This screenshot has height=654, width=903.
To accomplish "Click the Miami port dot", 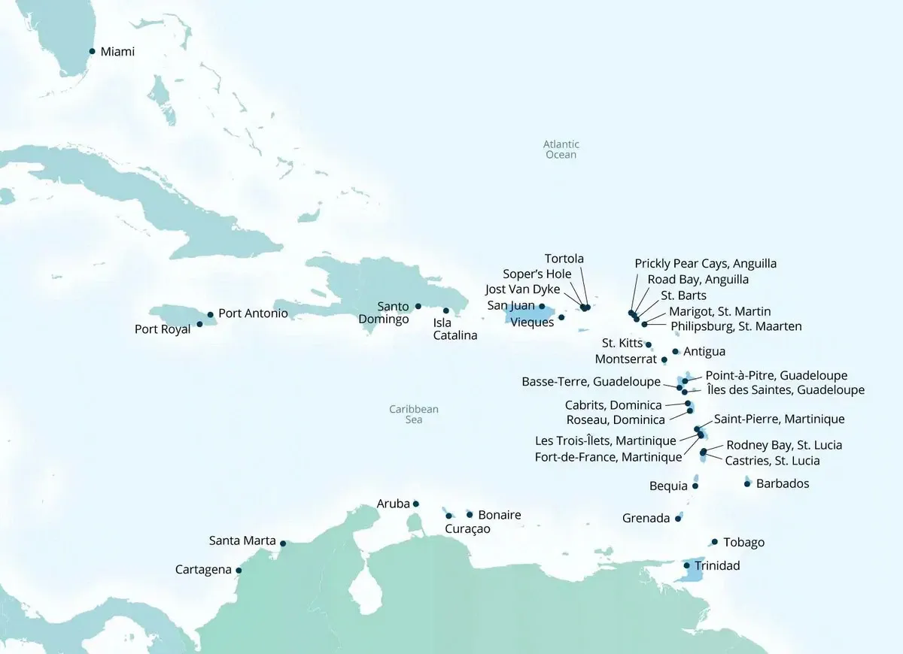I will click(x=92, y=51).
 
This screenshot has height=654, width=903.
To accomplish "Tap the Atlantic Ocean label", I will click(x=561, y=150).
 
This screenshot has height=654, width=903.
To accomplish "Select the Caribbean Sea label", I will click(x=413, y=414).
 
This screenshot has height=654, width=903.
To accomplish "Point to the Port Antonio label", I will click(x=253, y=313).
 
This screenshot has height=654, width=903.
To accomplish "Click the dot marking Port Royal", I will click(x=199, y=325).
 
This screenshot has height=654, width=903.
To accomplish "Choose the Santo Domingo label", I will click(x=394, y=313).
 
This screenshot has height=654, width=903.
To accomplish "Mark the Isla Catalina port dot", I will click(x=445, y=310).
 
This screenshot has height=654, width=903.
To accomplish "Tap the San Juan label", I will click(x=511, y=306).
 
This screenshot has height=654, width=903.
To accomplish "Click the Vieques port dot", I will click(x=561, y=317).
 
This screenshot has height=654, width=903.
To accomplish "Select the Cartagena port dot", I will click(x=239, y=570).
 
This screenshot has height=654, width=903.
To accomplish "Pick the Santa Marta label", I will click(x=242, y=541).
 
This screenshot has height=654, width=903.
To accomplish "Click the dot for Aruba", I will click(x=416, y=504).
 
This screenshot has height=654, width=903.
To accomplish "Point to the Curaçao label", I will click(x=467, y=529).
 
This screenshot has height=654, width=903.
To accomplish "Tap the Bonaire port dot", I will click(x=470, y=514).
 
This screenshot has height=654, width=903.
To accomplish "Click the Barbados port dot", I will click(x=746, y=484).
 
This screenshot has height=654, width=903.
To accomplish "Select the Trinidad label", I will click(x=717, y=566).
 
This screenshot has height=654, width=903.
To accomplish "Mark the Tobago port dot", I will click(x=714, y=542).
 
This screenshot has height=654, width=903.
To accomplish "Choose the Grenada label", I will click(x=646, y=519).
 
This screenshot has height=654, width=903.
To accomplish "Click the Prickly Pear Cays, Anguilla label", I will click(x=705, y=264).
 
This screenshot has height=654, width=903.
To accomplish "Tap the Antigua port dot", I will click(x=675, y=351).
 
